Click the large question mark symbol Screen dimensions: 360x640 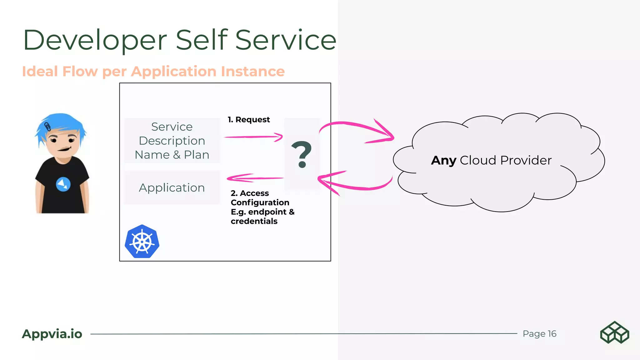point(302,154)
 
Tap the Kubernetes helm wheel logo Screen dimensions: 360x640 point(142,242)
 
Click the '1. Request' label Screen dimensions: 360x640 point(249,120)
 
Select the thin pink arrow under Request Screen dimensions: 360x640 point(253,137)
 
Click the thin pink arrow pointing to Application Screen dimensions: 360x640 point(255,178)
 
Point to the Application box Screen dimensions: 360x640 point(172,187)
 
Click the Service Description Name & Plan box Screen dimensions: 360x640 point(172,141)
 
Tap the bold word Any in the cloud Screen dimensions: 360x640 point(444,160)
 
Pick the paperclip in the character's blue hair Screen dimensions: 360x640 point(48,127)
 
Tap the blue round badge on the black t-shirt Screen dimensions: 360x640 point(63,184)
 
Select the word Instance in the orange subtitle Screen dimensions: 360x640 point(253,72)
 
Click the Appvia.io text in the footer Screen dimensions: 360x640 point(52,334)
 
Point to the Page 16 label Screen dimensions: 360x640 point(539,334)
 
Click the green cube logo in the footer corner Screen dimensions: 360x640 point(614,332)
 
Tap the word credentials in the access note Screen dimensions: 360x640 point(254,221)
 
